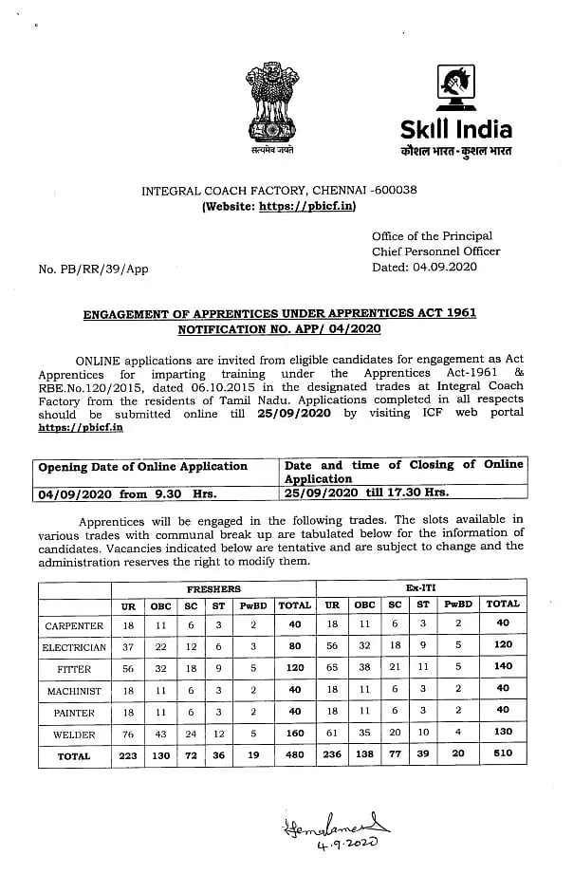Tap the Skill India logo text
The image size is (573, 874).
[456, 131]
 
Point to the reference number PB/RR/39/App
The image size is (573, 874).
[93, 270]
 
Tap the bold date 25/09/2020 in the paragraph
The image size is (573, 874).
[301, 414]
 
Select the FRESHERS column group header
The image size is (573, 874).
[213, 588]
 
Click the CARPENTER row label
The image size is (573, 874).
[73, 625]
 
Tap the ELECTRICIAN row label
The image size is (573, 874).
[73, 647]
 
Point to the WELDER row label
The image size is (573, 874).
[74, 735]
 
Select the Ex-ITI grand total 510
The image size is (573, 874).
[502, 756]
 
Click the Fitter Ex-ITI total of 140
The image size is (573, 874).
[502, 668]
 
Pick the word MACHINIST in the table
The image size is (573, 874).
[74, 691]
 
